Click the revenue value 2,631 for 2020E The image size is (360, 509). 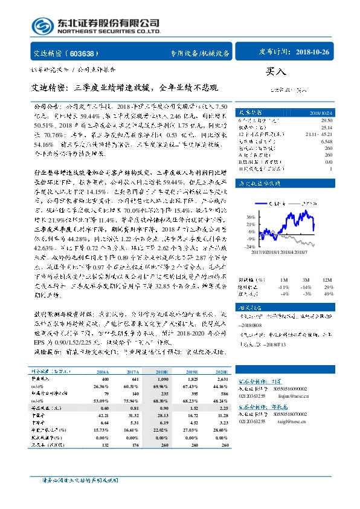(220, 362)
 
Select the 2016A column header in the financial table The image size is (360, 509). (103, 355)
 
